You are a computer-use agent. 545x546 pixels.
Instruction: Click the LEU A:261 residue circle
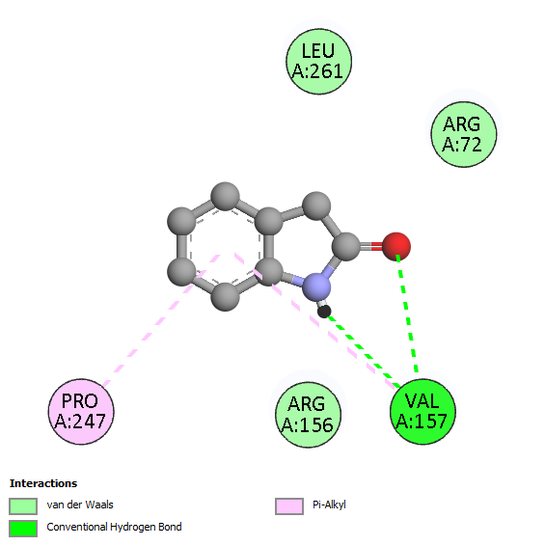(x=318, y=62)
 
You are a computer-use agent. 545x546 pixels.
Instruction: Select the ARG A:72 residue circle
(x=464, y=134)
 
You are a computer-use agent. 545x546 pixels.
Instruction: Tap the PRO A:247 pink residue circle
(x=81, y=412)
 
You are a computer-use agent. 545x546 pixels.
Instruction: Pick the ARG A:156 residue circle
(x=309, y=415)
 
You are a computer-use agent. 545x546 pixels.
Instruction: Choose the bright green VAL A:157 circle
(x=422, y=412)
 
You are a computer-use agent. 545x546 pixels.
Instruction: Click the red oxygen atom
(x=396, y=246)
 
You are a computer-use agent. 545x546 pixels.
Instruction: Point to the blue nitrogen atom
(x=316, y=287)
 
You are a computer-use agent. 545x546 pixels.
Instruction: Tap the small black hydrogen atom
(x=324, y=311)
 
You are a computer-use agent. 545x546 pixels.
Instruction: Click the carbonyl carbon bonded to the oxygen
(x=346, y=247)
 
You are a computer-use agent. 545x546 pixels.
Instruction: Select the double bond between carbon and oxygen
(x=371, y=247)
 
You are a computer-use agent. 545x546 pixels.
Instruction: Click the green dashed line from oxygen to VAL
(x=407, y=314)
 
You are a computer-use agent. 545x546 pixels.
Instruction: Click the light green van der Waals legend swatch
(x=23, y=505)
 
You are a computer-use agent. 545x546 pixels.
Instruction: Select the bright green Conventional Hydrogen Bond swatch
(x=23, y=529)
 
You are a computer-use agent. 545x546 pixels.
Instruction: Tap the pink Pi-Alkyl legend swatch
(x=289, y=505)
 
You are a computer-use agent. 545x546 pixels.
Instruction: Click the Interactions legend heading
(x=43, y=483)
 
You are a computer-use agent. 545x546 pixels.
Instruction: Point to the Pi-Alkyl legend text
(x=329, y=505)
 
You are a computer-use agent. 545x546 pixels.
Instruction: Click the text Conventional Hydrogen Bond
(x=114, y=528)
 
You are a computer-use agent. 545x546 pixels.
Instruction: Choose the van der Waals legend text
(x=80, y=505)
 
